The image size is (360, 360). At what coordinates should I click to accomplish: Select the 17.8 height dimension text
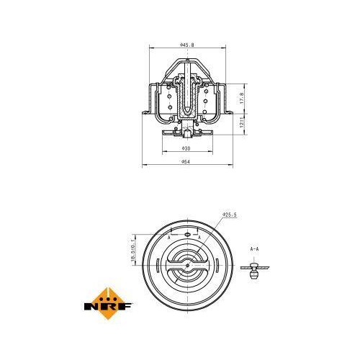click(242, 96)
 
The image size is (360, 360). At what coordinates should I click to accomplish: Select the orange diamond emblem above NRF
click(109, 294)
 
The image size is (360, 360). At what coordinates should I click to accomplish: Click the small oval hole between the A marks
click(186, 234)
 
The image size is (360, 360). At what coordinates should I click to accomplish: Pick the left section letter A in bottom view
click(168, 235)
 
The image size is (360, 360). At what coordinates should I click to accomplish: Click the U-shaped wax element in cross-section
click(186, 101)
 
